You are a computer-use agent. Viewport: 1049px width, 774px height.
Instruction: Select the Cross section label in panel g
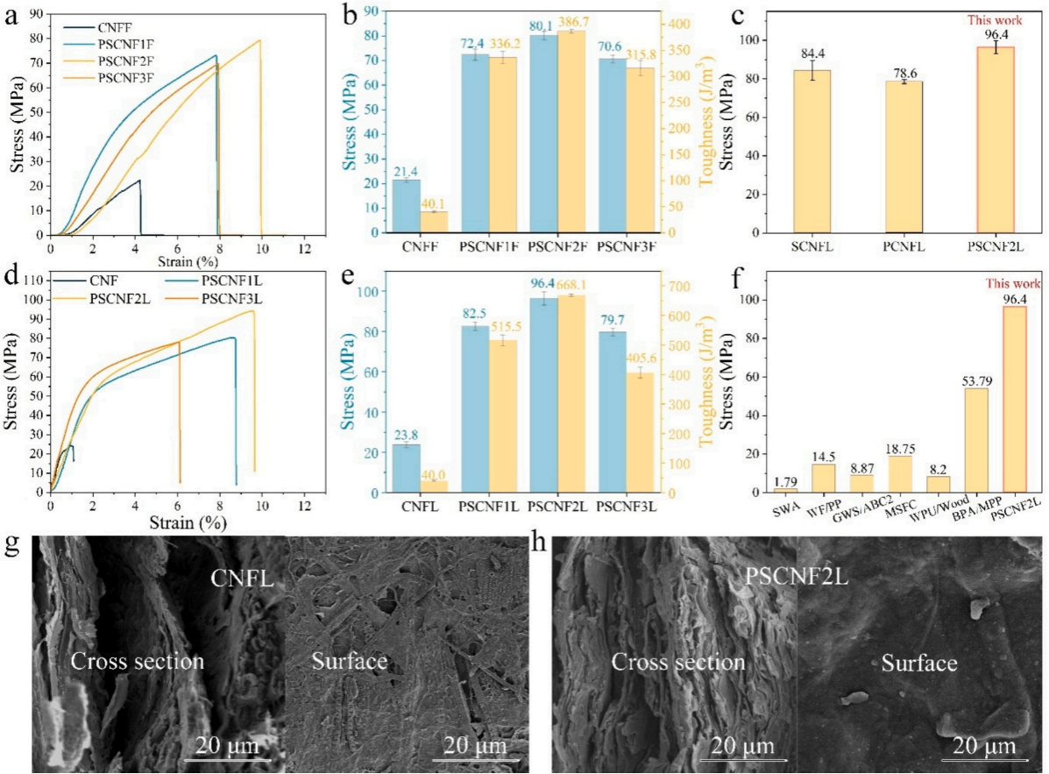pos(138,662)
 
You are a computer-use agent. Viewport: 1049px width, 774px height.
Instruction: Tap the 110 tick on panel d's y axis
pos(32,280)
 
